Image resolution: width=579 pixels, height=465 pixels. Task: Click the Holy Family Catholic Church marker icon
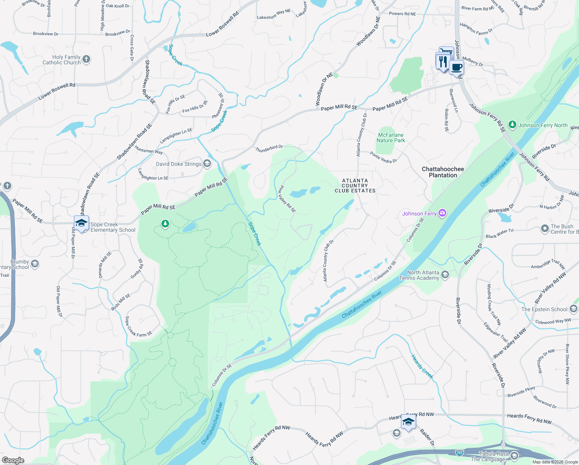(x=86, y=59)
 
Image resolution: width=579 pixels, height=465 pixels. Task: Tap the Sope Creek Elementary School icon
(x=81, y=223)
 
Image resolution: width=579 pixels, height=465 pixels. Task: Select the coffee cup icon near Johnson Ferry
(x=457, y=67)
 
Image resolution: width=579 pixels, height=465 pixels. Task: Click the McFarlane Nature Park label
(x=391, y=138)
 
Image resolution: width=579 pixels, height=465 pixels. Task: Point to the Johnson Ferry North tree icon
(x=512, y=125)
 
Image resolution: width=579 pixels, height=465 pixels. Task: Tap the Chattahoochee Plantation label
(x=443, y=172)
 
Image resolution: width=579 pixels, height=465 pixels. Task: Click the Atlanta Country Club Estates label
(x=355, y=186)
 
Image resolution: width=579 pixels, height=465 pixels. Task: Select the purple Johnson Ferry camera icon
(x=443, y=213)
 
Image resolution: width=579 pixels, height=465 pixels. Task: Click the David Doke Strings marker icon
(x=207, y=164)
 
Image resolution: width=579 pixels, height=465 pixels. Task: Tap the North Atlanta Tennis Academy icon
(x=445, y=275)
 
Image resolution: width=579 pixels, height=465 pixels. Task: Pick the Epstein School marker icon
(x=574, y=309)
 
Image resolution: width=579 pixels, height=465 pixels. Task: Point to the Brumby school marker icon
(x=35, y=264)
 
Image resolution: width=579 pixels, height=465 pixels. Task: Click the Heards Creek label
(x=422, y=366)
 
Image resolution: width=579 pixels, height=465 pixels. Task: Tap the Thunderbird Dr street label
(x=269, y=148)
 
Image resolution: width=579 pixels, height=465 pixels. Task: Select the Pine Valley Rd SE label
(x=287, y=199)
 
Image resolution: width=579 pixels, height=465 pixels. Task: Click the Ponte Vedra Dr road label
(x=383, y=157)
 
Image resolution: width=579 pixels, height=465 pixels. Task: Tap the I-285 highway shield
(x=459, y=452)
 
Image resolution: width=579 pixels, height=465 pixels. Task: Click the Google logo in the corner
(x=13, y=460)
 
